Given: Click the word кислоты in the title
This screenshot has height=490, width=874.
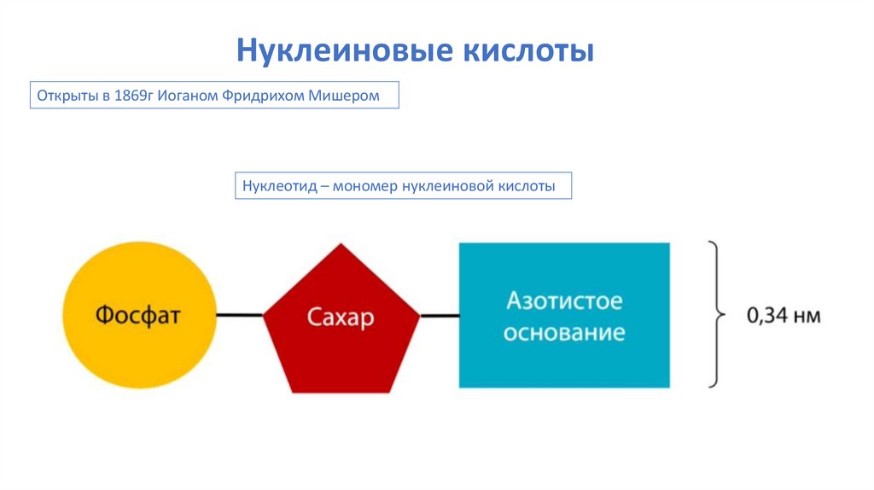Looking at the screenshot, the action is pos(528,50).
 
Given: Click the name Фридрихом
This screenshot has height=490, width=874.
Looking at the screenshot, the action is pos(262,96).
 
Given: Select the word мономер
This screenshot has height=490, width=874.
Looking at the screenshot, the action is pos(365,185).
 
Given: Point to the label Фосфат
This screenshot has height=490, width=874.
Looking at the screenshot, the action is pos(139,315).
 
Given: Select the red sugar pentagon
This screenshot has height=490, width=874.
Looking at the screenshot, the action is pos(341,359).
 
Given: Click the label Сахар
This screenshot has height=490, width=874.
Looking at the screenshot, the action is pos(341,318).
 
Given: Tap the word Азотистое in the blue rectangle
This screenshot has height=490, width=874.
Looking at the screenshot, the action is pos(564,300).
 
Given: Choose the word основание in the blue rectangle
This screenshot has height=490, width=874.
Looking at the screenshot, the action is pos(564,331).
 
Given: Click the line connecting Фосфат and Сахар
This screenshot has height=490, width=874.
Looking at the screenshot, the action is pos(239,316).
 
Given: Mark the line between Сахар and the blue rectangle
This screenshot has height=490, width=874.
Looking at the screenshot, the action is pos(440,316).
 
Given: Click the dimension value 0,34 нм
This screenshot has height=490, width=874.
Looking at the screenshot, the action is pos(784,315).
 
